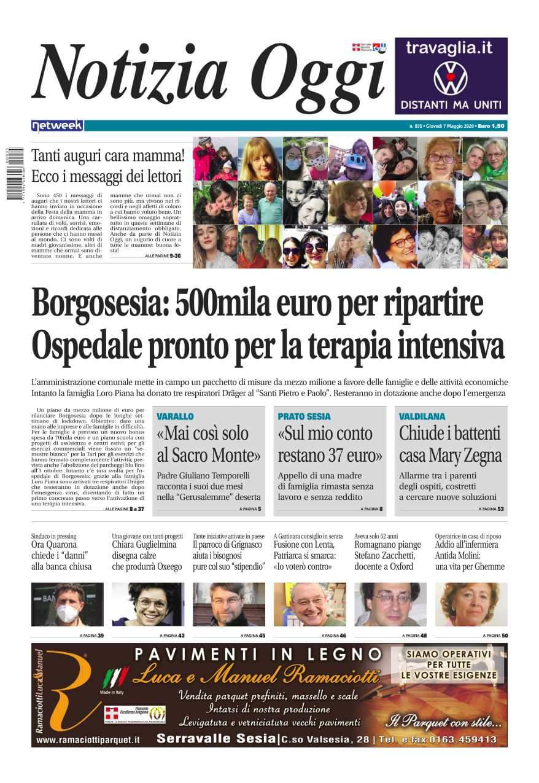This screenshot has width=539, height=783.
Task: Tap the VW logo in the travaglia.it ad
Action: pos(451,77)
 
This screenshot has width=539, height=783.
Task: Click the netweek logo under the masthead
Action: pos(57,126)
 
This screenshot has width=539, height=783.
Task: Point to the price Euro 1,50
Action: pos(491,126)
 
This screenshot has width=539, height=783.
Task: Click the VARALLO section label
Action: pos(175,416)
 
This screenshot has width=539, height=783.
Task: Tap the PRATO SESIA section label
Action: pos(304,416)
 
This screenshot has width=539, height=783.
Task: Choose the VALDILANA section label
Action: pos(422,416)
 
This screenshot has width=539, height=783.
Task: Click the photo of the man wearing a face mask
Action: pos(68,604)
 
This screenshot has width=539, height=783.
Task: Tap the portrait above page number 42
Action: pos(148,604)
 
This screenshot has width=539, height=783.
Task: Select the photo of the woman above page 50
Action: pos(471,604)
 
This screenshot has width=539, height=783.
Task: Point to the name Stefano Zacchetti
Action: pos(384,556)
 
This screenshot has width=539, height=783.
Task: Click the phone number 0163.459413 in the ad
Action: pos(461,739)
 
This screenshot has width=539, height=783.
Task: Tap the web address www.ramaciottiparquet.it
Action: pos(88,741)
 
